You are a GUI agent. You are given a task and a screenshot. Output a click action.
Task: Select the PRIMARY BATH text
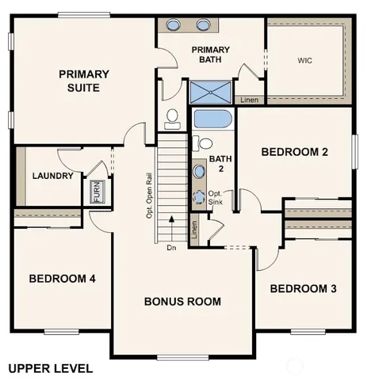pyautogui.click(x=211, y=55)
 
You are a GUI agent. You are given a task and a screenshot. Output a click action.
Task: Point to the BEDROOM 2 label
pyautogui.click(x=295, y=153)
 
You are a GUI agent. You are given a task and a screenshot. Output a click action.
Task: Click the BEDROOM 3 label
pyautogui.click(x=304, y=289)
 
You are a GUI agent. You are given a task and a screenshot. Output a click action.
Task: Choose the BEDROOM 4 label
pyautogui.click(x=63, y=279)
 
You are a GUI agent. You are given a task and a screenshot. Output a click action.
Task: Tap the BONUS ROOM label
pyautogui.click(x=182, y=302)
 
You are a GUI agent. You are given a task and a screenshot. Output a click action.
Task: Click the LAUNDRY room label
pyautogui.click(x=52, y=177)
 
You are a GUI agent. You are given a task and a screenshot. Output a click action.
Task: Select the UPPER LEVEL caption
pyautogui.click(x=50, y=368)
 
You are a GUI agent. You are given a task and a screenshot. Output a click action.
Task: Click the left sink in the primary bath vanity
pyautogui.click(x=175, y=25)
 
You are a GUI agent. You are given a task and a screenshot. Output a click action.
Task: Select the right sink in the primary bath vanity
pyautogui.click(x=201, y=25)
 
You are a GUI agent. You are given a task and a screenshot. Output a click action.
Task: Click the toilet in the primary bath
pyautogui.click(x=172, y=120)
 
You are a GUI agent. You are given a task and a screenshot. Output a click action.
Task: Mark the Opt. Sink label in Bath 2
pyautogui.click(x=215, y=197)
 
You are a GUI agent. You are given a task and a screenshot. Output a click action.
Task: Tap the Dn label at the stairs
pyautogui.click(x=170, y=248)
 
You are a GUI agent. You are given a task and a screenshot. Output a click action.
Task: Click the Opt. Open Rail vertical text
pyautogui.click(x=149, y=194)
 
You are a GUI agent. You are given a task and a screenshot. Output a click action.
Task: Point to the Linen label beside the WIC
pyautogui.click(x=249, y=100)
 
